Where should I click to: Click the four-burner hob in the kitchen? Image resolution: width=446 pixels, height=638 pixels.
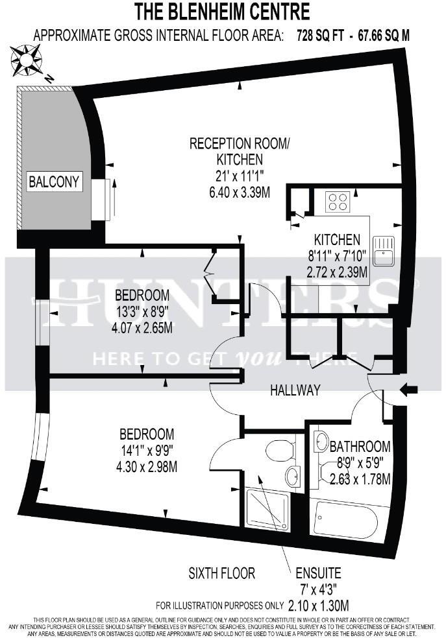(x=338, y=201)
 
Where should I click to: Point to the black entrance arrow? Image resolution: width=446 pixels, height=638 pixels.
(x=412, y=390)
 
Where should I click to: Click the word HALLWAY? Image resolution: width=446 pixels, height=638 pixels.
(x=295, y=390)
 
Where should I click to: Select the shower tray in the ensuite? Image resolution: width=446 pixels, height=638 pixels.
(x=267, y=510)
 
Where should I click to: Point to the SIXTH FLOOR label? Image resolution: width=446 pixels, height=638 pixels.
(x=221, y=573)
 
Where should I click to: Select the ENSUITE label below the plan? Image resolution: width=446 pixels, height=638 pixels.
(x=318, y=574)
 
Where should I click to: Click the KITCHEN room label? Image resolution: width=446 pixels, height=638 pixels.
(x=337, y=238)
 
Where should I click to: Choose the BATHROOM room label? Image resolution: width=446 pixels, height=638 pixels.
(x=360, y=447)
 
